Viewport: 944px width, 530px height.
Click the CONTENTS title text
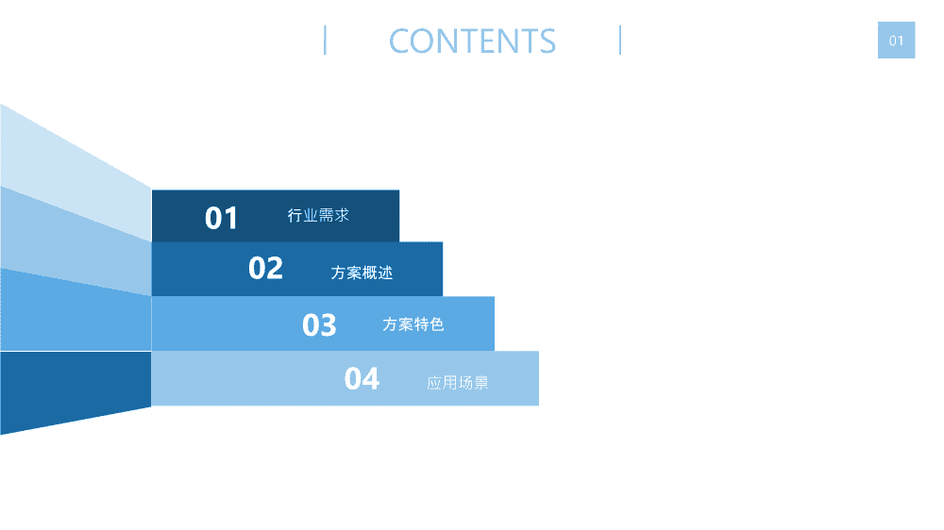472,41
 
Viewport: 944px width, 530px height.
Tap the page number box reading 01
896,41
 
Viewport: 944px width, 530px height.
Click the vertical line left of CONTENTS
325,41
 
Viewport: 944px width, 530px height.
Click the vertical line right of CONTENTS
620,41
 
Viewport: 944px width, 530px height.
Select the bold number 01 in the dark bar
221,218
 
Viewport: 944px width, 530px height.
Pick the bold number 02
265,269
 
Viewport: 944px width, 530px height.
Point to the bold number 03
319,325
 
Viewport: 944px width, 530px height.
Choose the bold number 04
362,379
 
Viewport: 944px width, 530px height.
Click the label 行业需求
318,215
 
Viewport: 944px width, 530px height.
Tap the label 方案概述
362,273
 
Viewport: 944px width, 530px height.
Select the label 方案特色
413,324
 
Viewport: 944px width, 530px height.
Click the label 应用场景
458,383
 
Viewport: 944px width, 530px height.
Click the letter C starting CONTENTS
399,41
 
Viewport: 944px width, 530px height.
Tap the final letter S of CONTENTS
547,41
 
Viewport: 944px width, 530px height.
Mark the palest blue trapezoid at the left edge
76,173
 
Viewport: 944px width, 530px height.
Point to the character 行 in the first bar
295,215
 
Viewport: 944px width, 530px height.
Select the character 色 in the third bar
437,324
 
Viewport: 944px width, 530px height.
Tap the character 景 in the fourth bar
481,383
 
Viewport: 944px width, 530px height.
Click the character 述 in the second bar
385,273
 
